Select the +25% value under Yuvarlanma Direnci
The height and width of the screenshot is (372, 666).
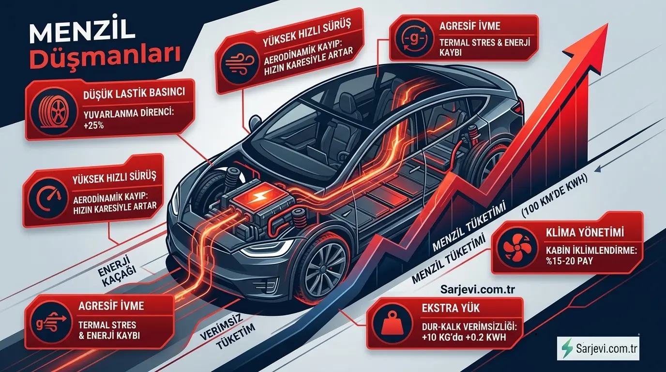(x=94, y=125)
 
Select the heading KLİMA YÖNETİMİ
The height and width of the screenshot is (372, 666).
(x=585, y=232)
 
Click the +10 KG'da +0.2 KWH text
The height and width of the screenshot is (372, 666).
(x=464, y=338)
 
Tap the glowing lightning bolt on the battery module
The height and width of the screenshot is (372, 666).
(x=256, y=198)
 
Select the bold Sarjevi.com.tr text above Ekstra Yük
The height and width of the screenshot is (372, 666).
(x=478, y=289)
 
